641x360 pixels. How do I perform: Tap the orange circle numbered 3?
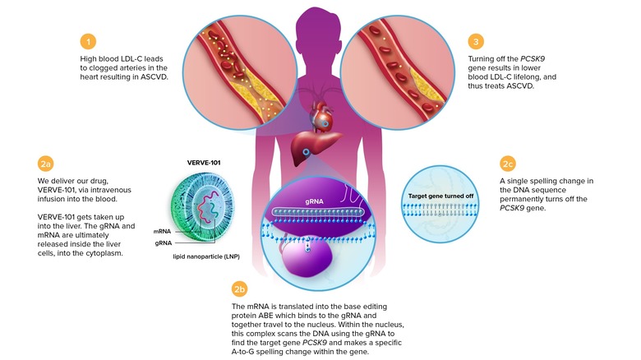pos(474,40)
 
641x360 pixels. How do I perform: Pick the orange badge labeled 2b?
pos(241,288)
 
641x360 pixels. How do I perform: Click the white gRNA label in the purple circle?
pos(317,199)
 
